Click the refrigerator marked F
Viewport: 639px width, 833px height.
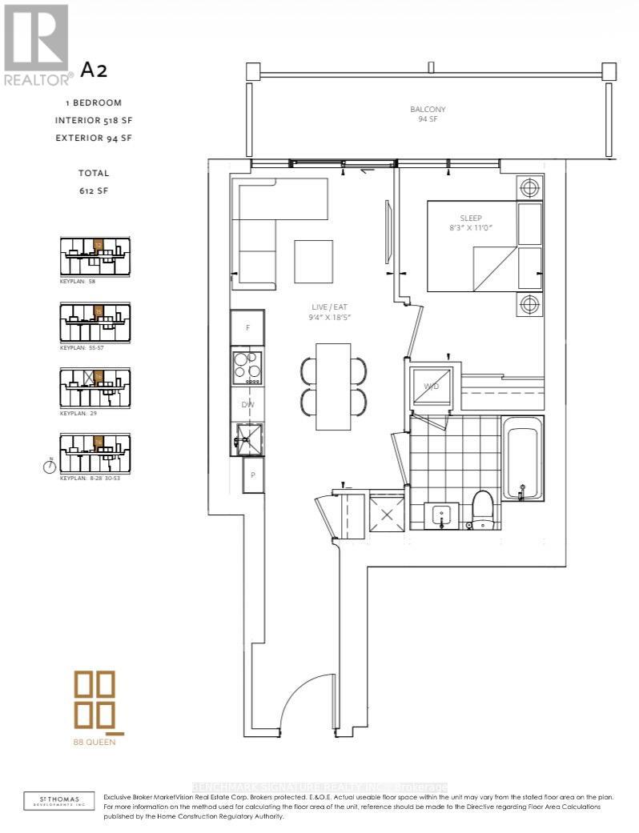247,327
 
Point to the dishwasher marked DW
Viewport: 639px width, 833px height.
247,405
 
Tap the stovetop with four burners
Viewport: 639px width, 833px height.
247,368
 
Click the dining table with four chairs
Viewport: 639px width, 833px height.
333,386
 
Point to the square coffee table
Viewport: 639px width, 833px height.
313,259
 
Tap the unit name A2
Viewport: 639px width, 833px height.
93,70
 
